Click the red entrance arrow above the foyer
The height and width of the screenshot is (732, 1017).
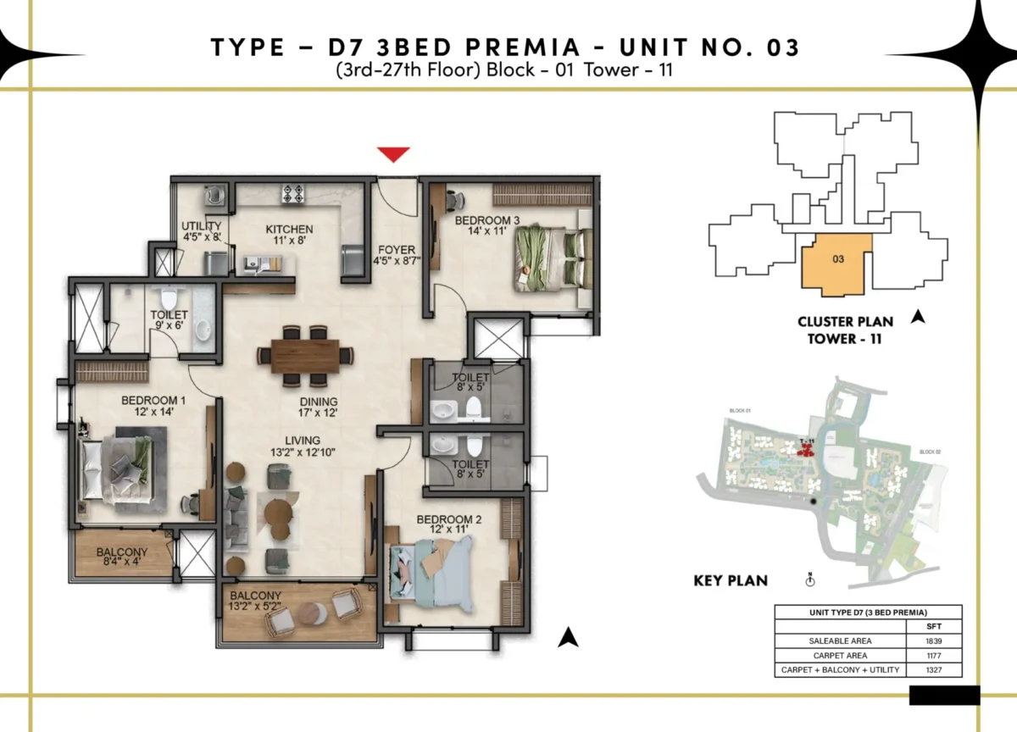pos(393,154)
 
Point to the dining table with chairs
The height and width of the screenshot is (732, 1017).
pos(304,356)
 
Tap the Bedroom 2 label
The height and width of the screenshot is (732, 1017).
pos(444,525)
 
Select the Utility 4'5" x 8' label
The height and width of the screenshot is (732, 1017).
pos(202,232)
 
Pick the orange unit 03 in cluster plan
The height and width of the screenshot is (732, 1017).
pos(836,263)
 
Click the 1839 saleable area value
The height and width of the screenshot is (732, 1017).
pos(933,640)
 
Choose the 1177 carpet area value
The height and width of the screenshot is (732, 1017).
pos(933,655)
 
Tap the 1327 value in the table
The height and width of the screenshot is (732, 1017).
pos(933,670)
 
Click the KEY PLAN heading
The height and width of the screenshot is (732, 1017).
pos(731,581)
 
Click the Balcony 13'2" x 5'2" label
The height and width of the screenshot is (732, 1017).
pos(255,602)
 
